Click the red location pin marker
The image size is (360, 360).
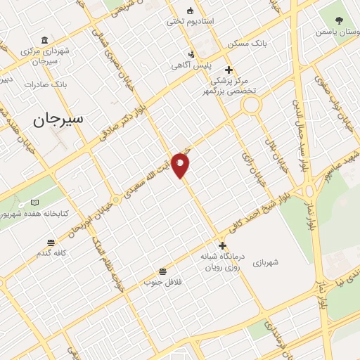click(181, 165)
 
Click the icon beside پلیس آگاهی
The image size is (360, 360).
click(191, 54)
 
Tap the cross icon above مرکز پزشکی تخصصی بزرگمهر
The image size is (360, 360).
click(228, 70)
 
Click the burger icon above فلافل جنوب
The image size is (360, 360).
click(163, 271)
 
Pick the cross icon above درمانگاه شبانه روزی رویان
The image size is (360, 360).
click(223, 245)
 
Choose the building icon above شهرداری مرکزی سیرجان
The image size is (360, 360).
click(44, 39)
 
